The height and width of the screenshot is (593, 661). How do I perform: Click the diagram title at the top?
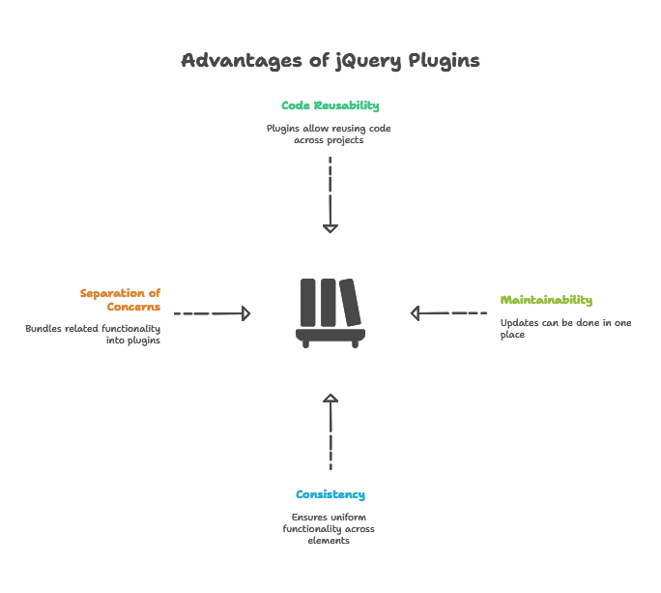[330, 60]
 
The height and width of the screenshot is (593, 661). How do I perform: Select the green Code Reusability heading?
[330, 106]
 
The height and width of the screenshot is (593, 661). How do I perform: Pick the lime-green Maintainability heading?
[544, 301]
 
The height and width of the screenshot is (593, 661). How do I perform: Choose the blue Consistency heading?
[330, 494]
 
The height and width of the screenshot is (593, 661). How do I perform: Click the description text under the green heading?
[330, 133]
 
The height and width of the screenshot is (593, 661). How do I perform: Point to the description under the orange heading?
[93, 333]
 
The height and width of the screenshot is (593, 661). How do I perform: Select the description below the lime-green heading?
[564, 327]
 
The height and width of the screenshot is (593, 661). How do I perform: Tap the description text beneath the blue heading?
[329, 530]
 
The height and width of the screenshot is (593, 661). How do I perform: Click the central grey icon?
[330, 313]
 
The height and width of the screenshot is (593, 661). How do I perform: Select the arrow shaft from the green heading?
[330, 189]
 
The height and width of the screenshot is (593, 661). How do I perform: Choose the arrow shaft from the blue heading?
[330, 435]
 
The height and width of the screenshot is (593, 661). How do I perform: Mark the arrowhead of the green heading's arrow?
[330, 232]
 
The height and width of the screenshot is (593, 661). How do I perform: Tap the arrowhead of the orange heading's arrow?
[247, 313]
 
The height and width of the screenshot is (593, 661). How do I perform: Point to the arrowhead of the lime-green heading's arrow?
[417, 313]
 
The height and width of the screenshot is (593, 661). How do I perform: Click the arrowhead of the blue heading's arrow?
[330, 394]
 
